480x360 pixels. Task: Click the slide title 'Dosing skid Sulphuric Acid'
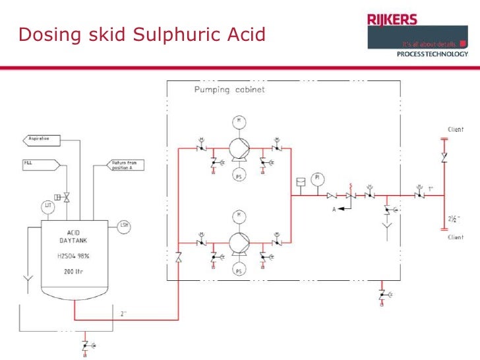click(x=142, y=34)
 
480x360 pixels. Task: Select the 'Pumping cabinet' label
click(x=229, y=90)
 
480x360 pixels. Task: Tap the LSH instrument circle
click(x=124, y=226)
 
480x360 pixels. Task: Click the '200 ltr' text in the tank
click(x=74, y=270)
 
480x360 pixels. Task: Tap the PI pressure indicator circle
click(x=318, y=178)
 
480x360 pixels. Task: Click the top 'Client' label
click(x=456, y=130)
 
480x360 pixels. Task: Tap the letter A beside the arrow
click(x=334, y=211)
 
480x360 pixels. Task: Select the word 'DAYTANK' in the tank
click(x=73, y=241)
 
